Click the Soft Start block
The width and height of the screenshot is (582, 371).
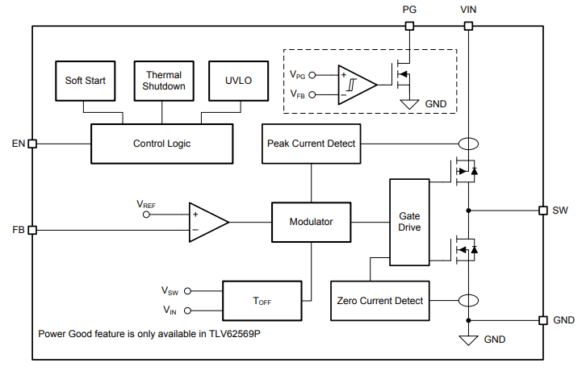point(85,81)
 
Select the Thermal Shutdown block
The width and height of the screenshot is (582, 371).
point(164,81)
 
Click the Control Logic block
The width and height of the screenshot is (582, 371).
point(161,144)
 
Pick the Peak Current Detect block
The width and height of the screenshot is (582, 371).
point(311,144)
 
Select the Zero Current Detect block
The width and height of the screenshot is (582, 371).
point(379,301)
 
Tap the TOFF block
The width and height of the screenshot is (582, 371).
point(262,301)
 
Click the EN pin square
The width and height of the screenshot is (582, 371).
point(32,144)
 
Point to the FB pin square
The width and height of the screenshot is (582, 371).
point(32,230)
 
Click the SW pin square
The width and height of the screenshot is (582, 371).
point(543,211)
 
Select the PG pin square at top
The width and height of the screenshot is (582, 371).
point(409,26)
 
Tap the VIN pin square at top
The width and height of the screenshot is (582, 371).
point(468,26)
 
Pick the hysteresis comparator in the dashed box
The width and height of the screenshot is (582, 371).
point(354,84)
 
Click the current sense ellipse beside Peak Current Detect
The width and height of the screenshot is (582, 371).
point(468,144)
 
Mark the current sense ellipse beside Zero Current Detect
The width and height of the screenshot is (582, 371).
point(468,301)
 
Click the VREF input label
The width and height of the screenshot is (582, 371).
point(146,206)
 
